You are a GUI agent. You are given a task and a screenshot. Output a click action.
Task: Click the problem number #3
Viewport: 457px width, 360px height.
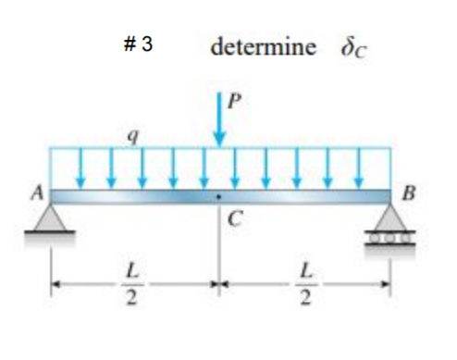point(137,45)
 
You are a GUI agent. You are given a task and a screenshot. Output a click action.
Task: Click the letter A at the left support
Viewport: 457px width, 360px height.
point(39,192)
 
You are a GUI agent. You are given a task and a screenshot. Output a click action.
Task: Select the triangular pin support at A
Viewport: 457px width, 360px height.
point(52,217)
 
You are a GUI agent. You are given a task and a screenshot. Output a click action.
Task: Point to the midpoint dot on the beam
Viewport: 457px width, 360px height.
point(219,197)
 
